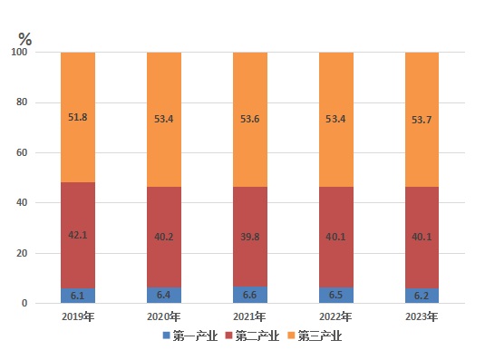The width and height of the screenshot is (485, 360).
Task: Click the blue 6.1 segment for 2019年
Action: pos(78,296)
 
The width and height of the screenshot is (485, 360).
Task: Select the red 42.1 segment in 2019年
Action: pos(78,236)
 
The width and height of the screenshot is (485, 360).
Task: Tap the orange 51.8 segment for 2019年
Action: pos(78,117)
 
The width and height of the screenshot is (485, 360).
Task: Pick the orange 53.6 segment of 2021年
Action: pos(250,120)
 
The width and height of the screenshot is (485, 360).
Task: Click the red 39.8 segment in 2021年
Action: pos(250,237)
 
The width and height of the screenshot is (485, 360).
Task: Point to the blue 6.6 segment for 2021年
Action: pos(250,295)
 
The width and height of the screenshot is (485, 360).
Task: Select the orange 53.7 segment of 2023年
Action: pos(422,120)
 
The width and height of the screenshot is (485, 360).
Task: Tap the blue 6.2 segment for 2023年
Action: pos(422,296)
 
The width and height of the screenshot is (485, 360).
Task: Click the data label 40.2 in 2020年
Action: pos(164,237)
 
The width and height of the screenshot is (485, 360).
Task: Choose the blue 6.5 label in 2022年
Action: pos(335,295)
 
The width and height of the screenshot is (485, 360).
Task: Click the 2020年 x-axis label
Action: pos(163,316)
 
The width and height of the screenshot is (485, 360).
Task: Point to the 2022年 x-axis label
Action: pos(335,316)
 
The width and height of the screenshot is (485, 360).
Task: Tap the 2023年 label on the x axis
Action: pos(422,316)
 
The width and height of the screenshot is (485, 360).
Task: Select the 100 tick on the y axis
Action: pos(19,52)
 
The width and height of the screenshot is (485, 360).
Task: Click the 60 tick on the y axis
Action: pos(22,152)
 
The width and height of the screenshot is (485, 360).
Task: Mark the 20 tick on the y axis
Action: pos(22,253)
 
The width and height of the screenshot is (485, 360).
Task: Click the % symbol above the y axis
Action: pos(25,39)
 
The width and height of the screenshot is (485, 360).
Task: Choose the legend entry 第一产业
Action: pos(190,336)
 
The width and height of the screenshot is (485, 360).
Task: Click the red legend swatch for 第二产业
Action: pos(228,336)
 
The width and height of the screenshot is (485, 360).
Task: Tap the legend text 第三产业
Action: pos(320,336)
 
